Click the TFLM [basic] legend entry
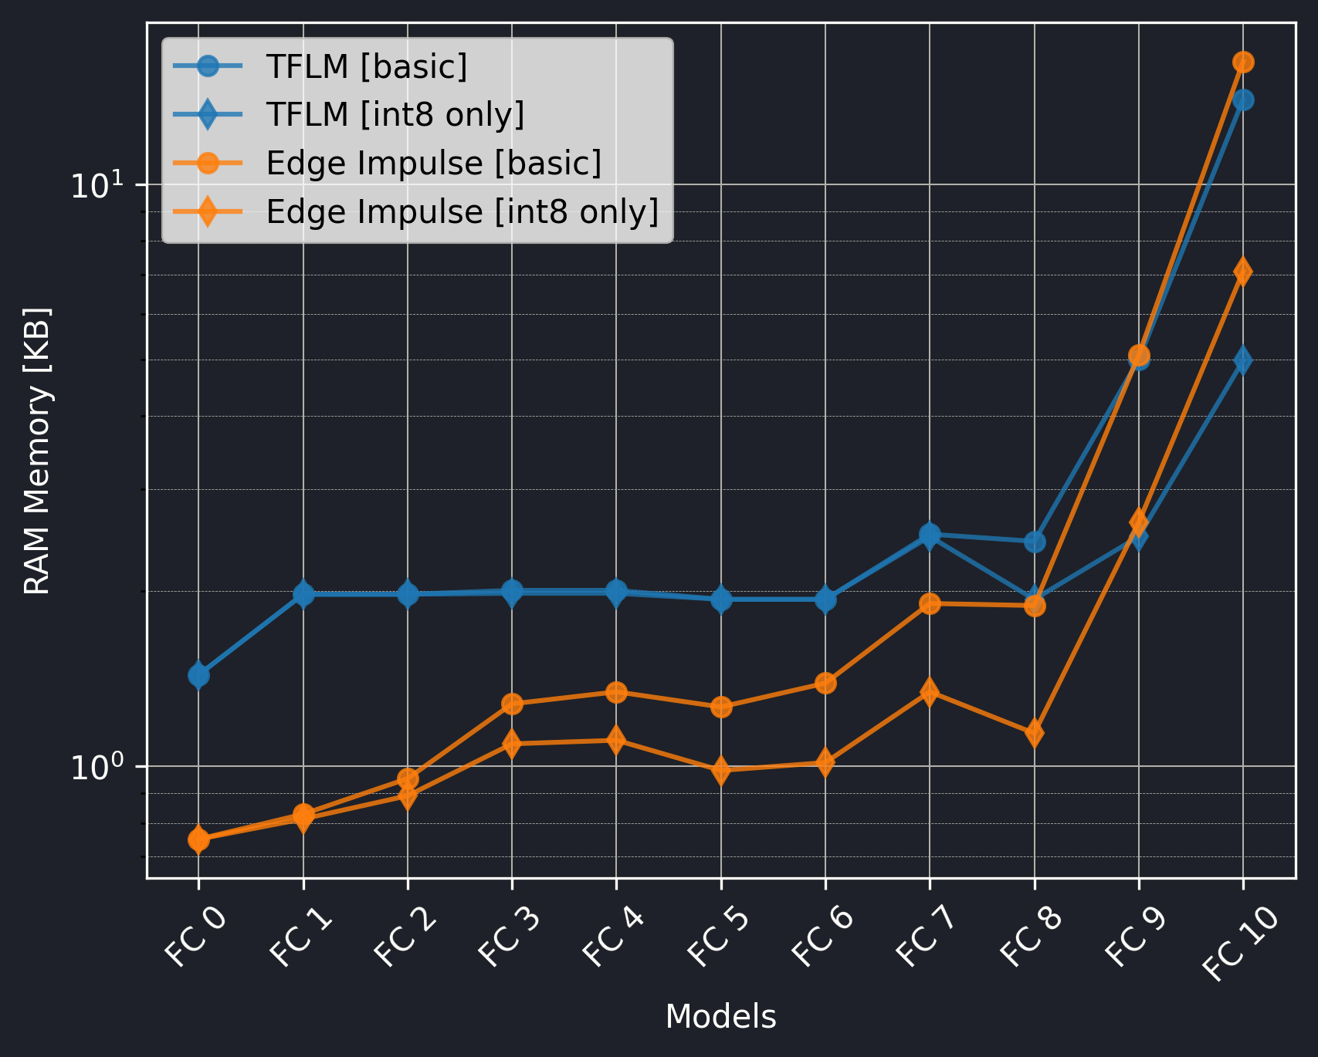[367, 67]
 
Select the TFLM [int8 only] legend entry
[395, 115]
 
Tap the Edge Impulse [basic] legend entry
[433, 164]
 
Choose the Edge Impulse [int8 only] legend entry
[462, 211]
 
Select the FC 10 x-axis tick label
[1240, 943]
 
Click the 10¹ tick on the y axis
[97, 185]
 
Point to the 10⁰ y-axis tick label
[97, 767]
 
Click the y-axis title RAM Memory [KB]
[37, 451]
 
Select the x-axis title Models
[720, 1017]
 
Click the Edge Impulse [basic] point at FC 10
[1243, 62]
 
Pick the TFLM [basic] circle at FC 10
[1243, 100]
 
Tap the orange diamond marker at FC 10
[1243, 272]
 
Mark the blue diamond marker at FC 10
[1243, 360]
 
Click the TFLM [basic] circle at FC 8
[1035, 542]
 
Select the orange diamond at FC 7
[930, 691]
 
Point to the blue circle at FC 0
[198, 676]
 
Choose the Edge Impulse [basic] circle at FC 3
[512, 704]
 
